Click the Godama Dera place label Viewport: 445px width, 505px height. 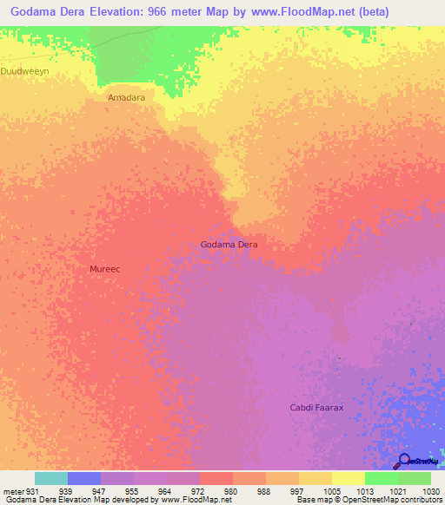[x=229, y=245]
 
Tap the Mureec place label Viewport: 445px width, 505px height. [x=104, y=269]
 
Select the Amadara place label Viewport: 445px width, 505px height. [x=126, y=98]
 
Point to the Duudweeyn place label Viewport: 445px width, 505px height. [x=24, y=72]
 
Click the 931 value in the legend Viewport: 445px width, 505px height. [x=30, y=491]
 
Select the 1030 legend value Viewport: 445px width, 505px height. [x=430, y=491]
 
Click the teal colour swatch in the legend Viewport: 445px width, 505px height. [x=50, y=478]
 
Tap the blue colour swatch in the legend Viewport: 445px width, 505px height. [x=83, y=478]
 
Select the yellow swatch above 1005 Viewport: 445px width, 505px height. [x=315, y=478]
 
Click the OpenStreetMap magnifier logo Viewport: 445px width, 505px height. [x=404, y=461]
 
